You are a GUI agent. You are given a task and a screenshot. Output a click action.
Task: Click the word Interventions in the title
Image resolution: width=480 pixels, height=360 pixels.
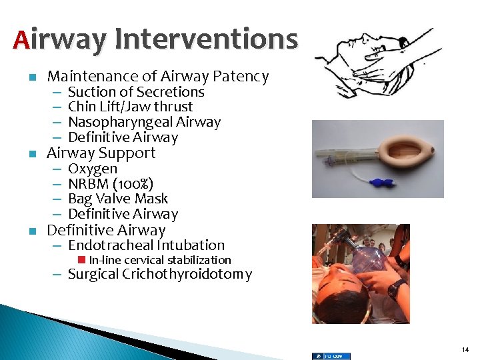206,39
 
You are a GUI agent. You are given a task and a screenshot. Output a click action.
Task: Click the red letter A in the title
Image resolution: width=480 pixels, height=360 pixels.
21,39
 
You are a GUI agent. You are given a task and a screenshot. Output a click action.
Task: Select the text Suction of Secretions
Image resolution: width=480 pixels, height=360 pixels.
136,92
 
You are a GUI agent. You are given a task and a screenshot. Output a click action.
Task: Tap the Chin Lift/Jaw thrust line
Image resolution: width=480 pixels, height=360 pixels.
130,107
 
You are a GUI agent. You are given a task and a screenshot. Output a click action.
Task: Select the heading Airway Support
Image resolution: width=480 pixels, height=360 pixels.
101,153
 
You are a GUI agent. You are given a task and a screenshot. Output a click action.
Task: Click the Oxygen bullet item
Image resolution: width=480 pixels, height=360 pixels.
93,169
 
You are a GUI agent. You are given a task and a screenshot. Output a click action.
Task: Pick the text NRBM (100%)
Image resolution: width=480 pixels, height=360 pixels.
111,183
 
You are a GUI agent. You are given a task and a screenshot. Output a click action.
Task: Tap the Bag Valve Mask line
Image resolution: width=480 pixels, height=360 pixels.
118,199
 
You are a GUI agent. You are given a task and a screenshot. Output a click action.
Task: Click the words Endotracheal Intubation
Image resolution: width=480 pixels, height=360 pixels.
147,245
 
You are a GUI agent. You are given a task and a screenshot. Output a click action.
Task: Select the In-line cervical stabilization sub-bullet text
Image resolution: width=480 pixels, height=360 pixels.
160,260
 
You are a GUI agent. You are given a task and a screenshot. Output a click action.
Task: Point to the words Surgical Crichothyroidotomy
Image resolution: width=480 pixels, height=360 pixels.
160,274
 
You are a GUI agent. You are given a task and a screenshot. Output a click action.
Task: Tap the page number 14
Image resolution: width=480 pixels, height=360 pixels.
465,349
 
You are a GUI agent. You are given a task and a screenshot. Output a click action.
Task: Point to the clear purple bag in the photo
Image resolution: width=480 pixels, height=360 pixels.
367,257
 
